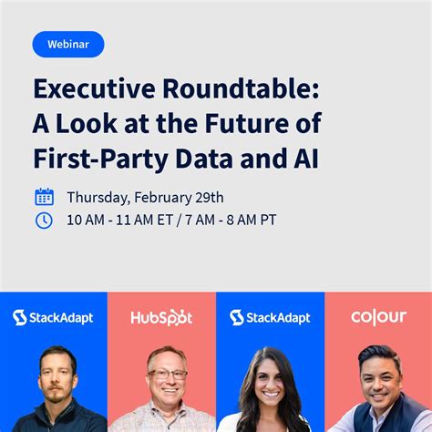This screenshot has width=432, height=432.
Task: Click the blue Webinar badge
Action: [x=68, y=44]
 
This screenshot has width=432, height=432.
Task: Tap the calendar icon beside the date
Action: [x=44, y=197]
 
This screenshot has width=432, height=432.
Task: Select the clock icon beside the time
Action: [x=44, y=220]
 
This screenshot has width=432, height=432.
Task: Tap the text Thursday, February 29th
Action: [x=145, y=197]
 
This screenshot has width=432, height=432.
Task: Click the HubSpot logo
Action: [x=161, y=317]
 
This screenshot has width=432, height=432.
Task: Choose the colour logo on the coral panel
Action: [x=378, y=317]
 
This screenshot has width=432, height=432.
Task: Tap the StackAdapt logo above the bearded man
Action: [x=53, y=317]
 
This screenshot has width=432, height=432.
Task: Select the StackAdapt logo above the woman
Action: [x=270, y=317]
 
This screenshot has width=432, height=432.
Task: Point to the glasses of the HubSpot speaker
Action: [x=166, y=375]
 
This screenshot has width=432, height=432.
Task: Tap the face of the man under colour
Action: [x=378, y=376]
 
